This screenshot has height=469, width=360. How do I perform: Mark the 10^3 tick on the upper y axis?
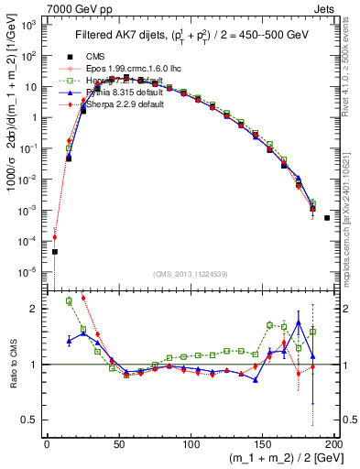pos(33,26)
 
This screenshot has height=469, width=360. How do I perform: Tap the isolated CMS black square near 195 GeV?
pos(327,218)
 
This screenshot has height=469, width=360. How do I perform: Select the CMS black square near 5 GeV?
pos(54,251)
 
